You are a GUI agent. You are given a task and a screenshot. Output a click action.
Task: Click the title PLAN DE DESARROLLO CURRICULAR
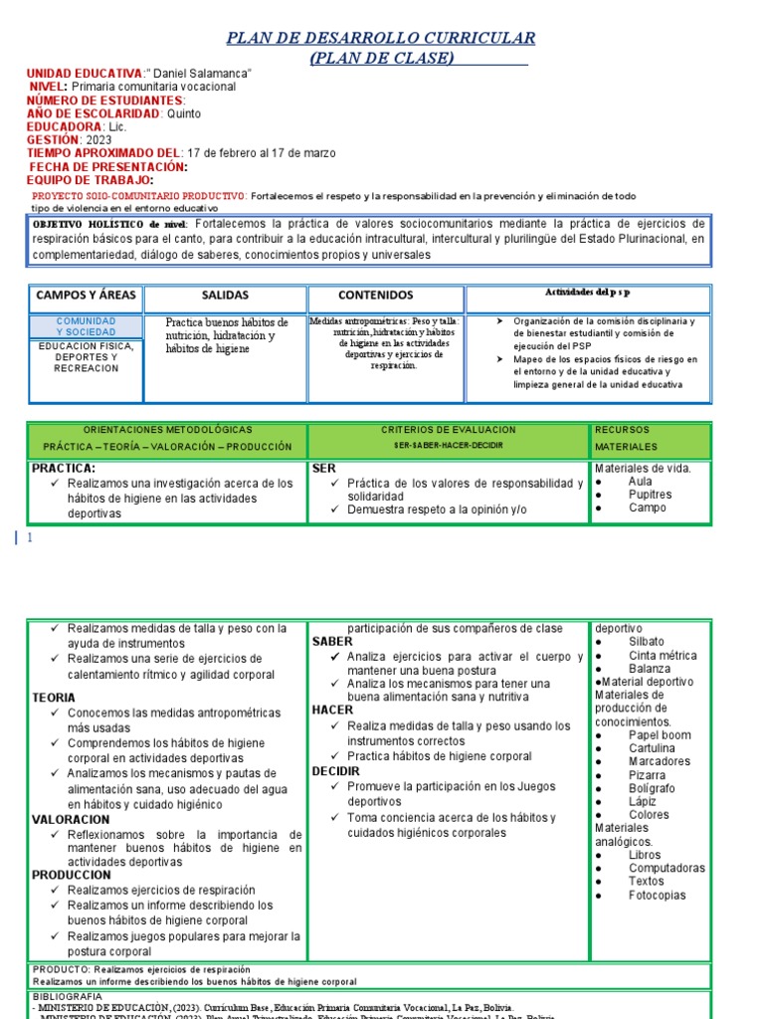point(381,38)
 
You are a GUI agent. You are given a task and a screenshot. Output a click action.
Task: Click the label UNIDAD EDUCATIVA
point(85,74)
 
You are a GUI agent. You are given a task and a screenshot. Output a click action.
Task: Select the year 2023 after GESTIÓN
point(99,140)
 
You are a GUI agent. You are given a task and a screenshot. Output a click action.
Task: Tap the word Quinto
point(183,113)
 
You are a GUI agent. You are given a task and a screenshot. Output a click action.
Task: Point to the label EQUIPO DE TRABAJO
point(90,180)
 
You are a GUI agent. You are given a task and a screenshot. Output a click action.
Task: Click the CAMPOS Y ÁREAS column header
point(87,296)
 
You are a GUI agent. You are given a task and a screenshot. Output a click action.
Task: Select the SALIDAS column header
point(225,296)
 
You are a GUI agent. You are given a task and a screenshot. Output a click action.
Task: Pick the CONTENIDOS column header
point(375,296)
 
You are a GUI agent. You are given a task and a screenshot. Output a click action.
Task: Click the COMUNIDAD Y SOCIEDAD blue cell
point(86,326)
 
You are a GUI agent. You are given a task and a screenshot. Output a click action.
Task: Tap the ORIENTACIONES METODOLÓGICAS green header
point(167,429)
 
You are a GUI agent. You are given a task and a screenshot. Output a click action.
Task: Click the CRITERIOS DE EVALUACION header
point(448,429)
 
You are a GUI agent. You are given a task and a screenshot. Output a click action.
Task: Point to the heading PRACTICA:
point(64,467)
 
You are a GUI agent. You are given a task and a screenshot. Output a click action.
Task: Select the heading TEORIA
point(54,698)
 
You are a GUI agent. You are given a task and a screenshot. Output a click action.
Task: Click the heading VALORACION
point(71,819)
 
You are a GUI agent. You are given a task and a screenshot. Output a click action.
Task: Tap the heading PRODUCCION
point(71,875)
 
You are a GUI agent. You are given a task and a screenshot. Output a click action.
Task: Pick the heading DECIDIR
point(336,771)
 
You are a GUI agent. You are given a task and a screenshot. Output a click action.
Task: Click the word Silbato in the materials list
point(646,642)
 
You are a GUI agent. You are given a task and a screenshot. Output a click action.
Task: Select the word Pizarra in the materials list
point(647,775)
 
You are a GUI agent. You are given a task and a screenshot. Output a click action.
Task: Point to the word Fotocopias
point(657,895)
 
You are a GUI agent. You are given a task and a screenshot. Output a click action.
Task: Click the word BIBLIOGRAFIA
point(68,996)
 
